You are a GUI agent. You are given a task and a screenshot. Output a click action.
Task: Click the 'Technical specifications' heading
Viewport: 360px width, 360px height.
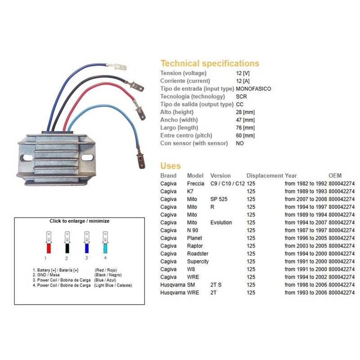click(210, 63)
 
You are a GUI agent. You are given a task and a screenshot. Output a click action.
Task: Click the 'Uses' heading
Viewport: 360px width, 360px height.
click(171, 166)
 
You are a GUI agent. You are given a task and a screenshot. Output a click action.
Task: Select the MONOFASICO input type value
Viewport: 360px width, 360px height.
click(253, 89)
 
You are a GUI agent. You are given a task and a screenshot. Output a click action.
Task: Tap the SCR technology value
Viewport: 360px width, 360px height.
click(241, 96)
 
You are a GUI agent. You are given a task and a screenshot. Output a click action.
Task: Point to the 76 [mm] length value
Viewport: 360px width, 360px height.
click(245, 127)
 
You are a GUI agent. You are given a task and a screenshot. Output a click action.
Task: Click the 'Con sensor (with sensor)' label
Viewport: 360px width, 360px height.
click(194, 143)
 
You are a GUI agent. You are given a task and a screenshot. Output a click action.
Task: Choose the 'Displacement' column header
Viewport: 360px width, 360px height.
click(265, 175)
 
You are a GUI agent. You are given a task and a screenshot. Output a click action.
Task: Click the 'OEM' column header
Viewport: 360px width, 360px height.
click(335, 175)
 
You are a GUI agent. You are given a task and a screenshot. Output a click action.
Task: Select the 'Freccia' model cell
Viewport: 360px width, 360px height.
click(195, 184)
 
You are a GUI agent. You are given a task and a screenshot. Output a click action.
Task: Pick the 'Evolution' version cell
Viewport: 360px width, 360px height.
click(221, 222)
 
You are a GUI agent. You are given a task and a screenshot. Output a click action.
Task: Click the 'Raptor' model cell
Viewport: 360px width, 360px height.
click(195, 246)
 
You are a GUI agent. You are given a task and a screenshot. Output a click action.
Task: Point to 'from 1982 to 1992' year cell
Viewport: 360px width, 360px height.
click(306, 184)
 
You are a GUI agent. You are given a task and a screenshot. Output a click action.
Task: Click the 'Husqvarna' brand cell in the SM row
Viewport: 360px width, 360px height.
click(173, 285)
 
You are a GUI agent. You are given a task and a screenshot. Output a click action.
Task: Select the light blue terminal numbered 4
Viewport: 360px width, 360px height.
click(105, 247)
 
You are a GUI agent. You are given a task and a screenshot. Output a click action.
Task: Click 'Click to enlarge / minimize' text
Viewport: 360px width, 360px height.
click(79, 221)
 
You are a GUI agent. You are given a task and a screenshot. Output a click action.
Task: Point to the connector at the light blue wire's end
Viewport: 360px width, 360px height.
click(140, 160)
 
